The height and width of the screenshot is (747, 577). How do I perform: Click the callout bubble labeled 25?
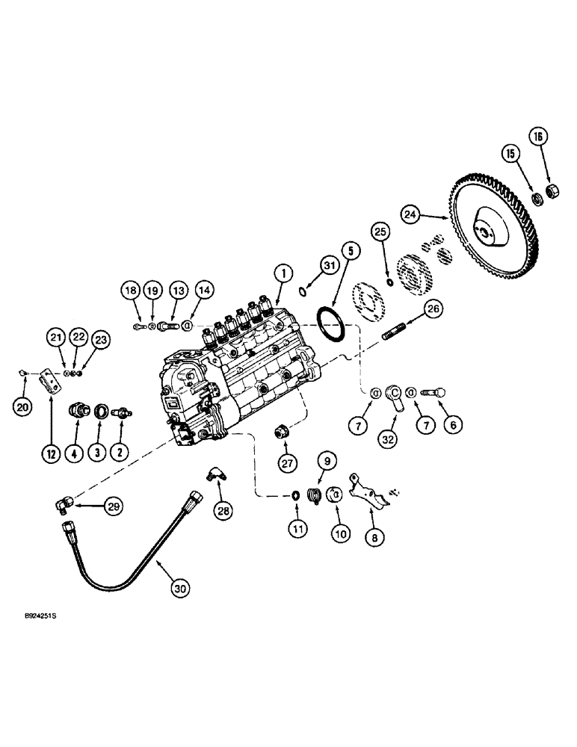point(381,234)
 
